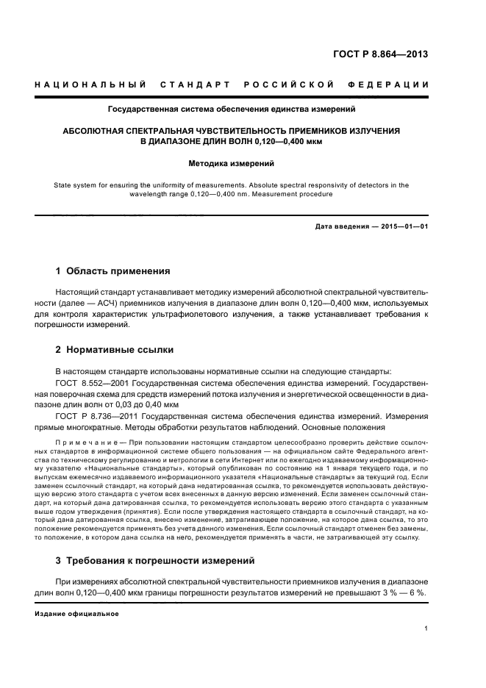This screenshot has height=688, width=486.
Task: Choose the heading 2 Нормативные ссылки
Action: coord(115,349)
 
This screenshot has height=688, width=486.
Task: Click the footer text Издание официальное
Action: coord(76,613)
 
